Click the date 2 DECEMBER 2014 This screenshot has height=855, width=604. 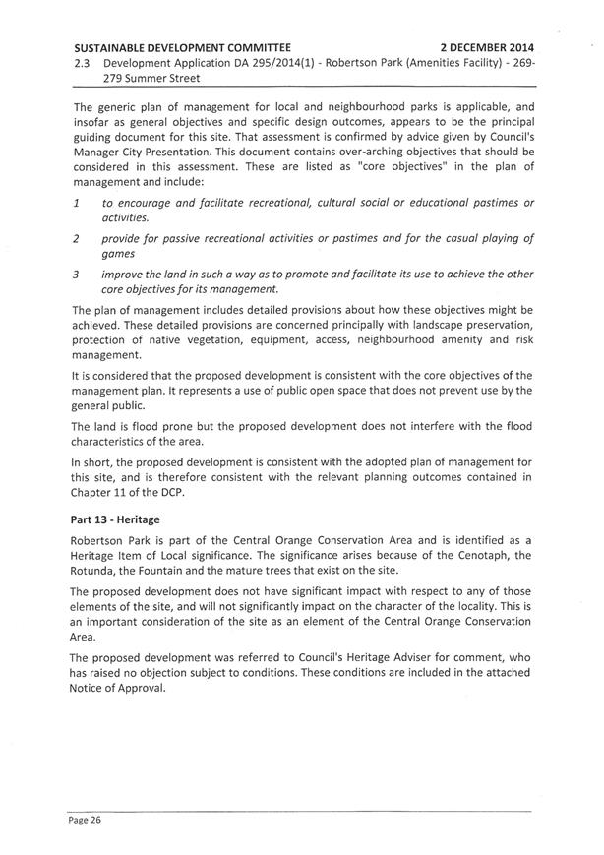[x=487, y=45]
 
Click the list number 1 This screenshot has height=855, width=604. [x=76, y=202]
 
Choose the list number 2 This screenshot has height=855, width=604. [x=76, y=238]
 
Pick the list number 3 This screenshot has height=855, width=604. [x=76, y=275]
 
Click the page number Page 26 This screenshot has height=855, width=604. [x=86, y=818]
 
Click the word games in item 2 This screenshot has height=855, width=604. [x=119, y=253]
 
